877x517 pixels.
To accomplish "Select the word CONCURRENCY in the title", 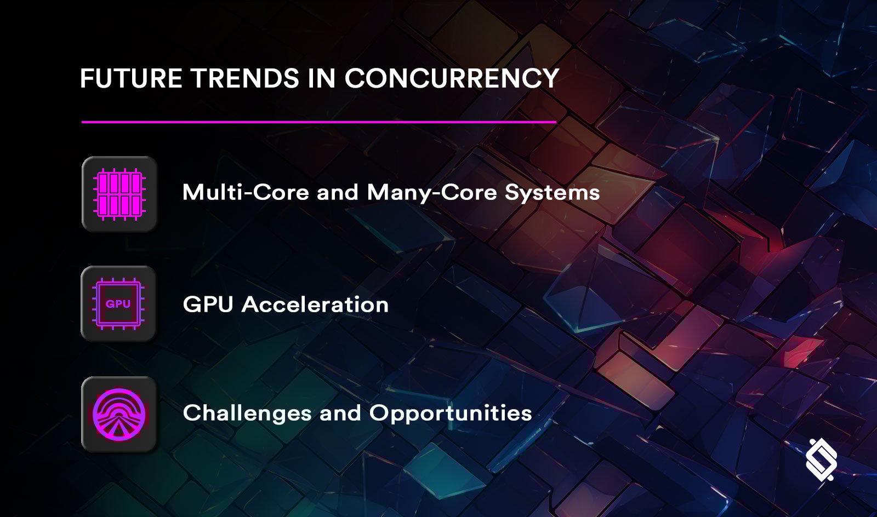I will (452, 78).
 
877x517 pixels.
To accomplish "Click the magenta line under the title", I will (318, 122).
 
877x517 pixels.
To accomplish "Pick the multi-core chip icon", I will (119, 194).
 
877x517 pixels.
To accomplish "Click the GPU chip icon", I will (118, 304).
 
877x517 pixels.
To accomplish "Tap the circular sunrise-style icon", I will (119, 414).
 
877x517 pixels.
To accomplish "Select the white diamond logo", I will (821, 459).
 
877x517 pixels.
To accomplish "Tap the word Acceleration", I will (315, 305).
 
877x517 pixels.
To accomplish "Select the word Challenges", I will (247, 413).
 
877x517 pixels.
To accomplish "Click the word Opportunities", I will (451, 413).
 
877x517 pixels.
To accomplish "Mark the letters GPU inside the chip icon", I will (118, 303).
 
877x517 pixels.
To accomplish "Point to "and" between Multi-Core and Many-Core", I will (338, 192).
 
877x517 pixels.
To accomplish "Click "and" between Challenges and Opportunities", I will (340, 413).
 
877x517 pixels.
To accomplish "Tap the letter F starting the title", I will (86, 78).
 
